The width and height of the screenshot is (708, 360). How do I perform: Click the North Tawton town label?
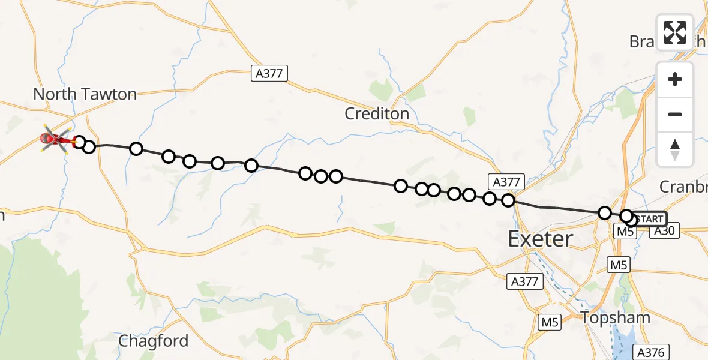pyautogui.click(x=85, y=94)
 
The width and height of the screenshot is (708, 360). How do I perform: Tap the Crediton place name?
pyautogui.click(x=377, y=113)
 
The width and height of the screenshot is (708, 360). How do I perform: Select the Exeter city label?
pyautogui.click(x=540, y=239)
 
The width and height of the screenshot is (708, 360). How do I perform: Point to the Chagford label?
pyautogui.click(x=153, y=341)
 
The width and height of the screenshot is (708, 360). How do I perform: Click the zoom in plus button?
pyautogui.click(x=675, y=80)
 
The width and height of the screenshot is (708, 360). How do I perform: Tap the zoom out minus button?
pyautogui.click(x=675, y=114)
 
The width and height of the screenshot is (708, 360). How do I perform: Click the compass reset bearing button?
pyautogui.click(x=675, y=149)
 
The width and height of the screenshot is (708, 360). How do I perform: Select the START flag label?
pyautogui.click(x=649, y=219)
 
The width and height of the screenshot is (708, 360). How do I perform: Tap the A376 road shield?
pyautogui.click(x=651, y=352)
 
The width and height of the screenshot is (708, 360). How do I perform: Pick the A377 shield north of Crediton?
pyautogui.click(x=269, y=73)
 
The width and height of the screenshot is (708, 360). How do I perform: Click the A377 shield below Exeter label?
pyautogui.click(x=526, y=280)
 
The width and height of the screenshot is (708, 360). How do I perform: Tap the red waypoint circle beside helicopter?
pyautogui.click(x=79, y=142)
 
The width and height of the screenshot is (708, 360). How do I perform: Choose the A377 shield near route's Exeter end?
pyautogui.click(x=508, y=182)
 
